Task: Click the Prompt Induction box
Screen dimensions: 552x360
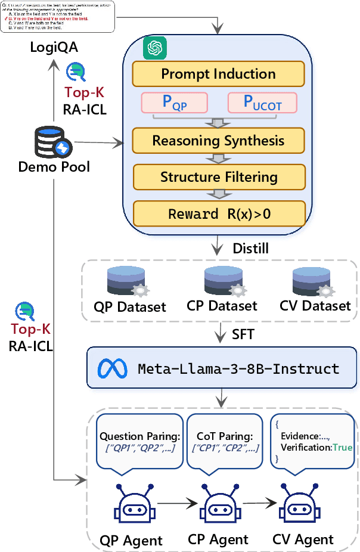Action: [x=219, y=74]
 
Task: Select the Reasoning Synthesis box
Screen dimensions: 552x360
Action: [x=219, y=141]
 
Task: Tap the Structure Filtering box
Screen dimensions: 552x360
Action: [x=219, y=177]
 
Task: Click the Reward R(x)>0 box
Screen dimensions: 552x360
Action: [x=219, y=213]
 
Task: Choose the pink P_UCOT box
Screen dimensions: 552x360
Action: [x=262, y=103]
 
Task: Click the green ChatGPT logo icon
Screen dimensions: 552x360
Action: [x=154, y=48]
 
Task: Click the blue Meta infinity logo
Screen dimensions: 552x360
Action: [x=113, y=367]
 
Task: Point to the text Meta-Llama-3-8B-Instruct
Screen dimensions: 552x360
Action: [x=238, y=368]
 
